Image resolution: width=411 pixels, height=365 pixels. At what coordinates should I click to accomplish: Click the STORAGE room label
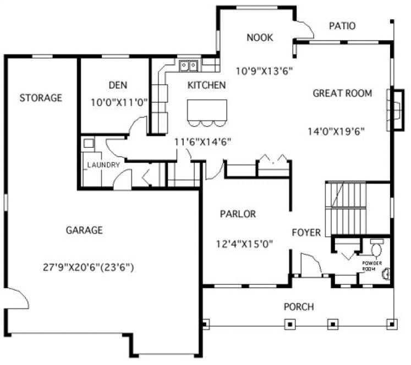(x=41, y=98)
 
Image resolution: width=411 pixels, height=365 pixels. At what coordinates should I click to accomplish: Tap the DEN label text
(x=118, y=85)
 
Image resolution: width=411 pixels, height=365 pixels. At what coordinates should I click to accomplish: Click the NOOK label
(x=260, y=37)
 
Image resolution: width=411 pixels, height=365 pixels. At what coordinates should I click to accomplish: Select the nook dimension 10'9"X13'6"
(x=264, y=70)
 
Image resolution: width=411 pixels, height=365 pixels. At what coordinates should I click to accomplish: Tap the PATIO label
(x=342, y=26)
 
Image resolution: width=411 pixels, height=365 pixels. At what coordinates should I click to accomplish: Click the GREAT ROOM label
(x=342, y=93)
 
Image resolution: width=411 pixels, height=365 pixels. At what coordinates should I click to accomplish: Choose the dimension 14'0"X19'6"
(x=337, y=130)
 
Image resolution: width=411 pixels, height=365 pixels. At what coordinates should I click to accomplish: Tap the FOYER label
(x=306, y=233)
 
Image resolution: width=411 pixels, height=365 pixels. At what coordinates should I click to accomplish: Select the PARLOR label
(x=238, y=214)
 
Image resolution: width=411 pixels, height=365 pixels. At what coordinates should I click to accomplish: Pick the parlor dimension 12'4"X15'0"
(x=246, y=243)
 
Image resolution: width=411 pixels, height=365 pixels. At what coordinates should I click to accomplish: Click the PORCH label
(x=299, y=306)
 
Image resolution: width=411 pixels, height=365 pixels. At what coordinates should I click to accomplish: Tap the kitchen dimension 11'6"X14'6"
(x=202, y=141)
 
